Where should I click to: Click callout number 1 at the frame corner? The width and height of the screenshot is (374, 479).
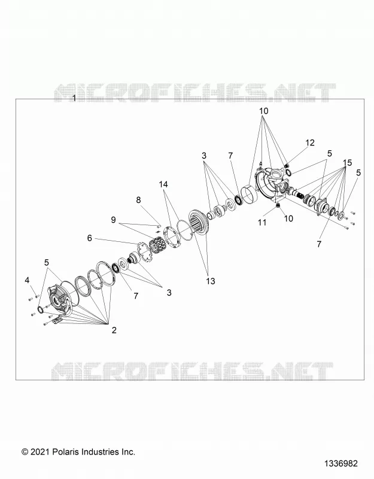(x=74, y=98)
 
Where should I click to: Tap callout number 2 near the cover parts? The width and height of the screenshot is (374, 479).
(x=114, y=330)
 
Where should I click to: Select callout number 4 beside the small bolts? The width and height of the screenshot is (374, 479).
(x=27, y=280)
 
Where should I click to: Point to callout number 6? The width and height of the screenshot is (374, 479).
(x=89, y=238)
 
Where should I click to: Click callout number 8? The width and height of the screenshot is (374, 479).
(x=138, y=200)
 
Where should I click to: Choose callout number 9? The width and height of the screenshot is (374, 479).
(x=113, y=220)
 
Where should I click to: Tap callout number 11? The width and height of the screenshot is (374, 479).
(x=262, y=222)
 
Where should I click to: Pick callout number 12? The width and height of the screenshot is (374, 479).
(x=310, y=143)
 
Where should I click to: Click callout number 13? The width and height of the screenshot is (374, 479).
(x=211, y=281)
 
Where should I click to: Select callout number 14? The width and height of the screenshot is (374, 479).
(x=163, y=184)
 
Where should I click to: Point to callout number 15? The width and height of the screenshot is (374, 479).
(x=348, y=162)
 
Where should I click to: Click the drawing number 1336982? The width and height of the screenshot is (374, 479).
(x=340, y=463)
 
